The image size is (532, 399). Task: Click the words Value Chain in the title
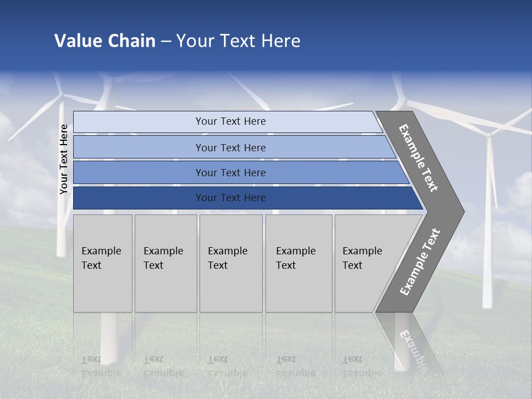pyautogui.click(x=105, y=41)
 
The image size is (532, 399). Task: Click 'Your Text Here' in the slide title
pyautogui.click(x=238, y=41)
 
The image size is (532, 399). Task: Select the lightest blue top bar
pyautogui.click(x=230, y=121)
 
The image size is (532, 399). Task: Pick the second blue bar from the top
pyautogui.click(x=230, y=147)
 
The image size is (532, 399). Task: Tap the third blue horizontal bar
pyautogui.click(x=230, y=172)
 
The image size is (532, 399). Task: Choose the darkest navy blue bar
pyautogui.click(x=230, y=198)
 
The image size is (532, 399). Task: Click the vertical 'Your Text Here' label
pyautogui.click(x=64, y=160)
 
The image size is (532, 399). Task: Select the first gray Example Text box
pyautogui.click(x=103, y=263)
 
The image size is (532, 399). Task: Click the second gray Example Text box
pyautogui.click(x=165, y=263)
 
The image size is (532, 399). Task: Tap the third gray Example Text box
pyautogui.click(x=231, y=263)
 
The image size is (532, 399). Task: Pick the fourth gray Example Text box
pyautogui.click(x=298, y=263)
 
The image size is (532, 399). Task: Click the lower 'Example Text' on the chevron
pyautogui.click(x=420, y=262)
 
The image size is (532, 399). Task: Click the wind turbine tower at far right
pyautogui.click(x=488, y=233)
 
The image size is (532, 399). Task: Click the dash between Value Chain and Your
pyautogui.click(x=166, y=42)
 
